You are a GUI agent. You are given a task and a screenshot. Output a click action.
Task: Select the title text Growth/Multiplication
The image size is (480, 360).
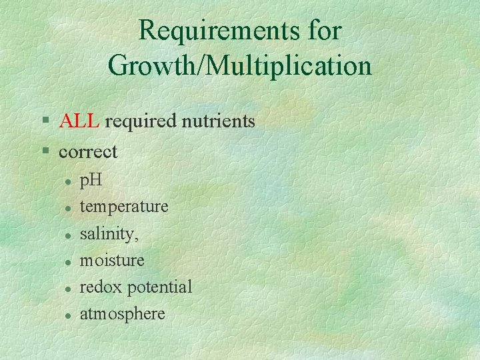pyautogui.click(x=239, y=66)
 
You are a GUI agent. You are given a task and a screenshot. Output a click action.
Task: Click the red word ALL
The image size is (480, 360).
pyautogui.click(x=79, y=121)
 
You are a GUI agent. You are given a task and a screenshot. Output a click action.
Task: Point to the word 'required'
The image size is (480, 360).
pyautogui.click(x=137, y=122)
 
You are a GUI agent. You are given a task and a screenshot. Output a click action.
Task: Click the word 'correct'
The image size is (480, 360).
pyautogui.click(x=88, y=152)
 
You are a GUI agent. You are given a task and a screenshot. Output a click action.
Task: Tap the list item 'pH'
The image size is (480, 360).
pyautogui.click(x=90, y=180)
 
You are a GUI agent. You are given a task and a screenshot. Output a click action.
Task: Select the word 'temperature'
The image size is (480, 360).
pyautogui.click(x=124, y=207)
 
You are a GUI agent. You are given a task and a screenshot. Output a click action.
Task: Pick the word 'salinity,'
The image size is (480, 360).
pyautogui.click(x=109, y=233)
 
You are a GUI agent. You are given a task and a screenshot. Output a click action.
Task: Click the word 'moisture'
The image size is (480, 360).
pyautogui.click(x=112, y=260)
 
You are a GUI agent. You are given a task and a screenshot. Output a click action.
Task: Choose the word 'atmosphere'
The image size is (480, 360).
pyautogui.click(x=122, y=313)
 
